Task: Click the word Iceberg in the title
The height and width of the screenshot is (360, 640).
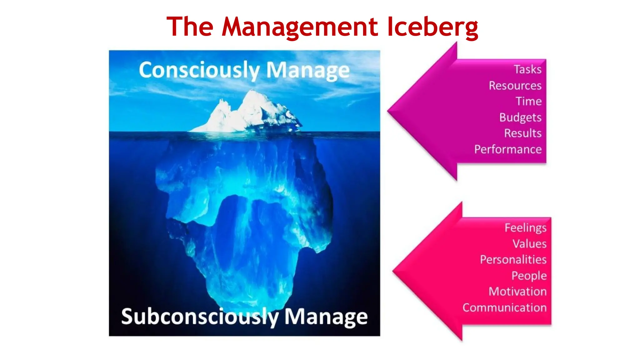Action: point(432,27)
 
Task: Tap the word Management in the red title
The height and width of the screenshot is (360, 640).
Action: point(300,27)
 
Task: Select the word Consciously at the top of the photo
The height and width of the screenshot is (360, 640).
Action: point(199,70)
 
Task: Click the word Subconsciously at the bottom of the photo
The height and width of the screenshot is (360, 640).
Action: point(200,317)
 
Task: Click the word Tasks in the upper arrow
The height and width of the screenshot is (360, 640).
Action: point(527,69)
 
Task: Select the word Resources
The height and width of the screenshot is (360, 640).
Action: point(515,86)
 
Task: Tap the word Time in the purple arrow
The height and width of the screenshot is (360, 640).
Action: point(528,101)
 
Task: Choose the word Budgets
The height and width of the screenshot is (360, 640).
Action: point(520,117)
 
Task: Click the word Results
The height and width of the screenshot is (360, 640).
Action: point(523,133)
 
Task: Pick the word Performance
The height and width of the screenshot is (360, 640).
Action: point(508,149)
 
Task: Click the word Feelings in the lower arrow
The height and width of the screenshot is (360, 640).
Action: point(525,228)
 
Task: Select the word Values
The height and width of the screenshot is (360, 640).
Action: point(529,244)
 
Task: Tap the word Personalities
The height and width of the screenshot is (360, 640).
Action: point(513,260)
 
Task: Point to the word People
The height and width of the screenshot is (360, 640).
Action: point(529,276)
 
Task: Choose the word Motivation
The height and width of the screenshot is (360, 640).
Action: point(517,292)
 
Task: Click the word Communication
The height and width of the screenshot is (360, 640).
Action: point(504,308)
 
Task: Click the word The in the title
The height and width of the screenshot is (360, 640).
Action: point(190,27)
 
